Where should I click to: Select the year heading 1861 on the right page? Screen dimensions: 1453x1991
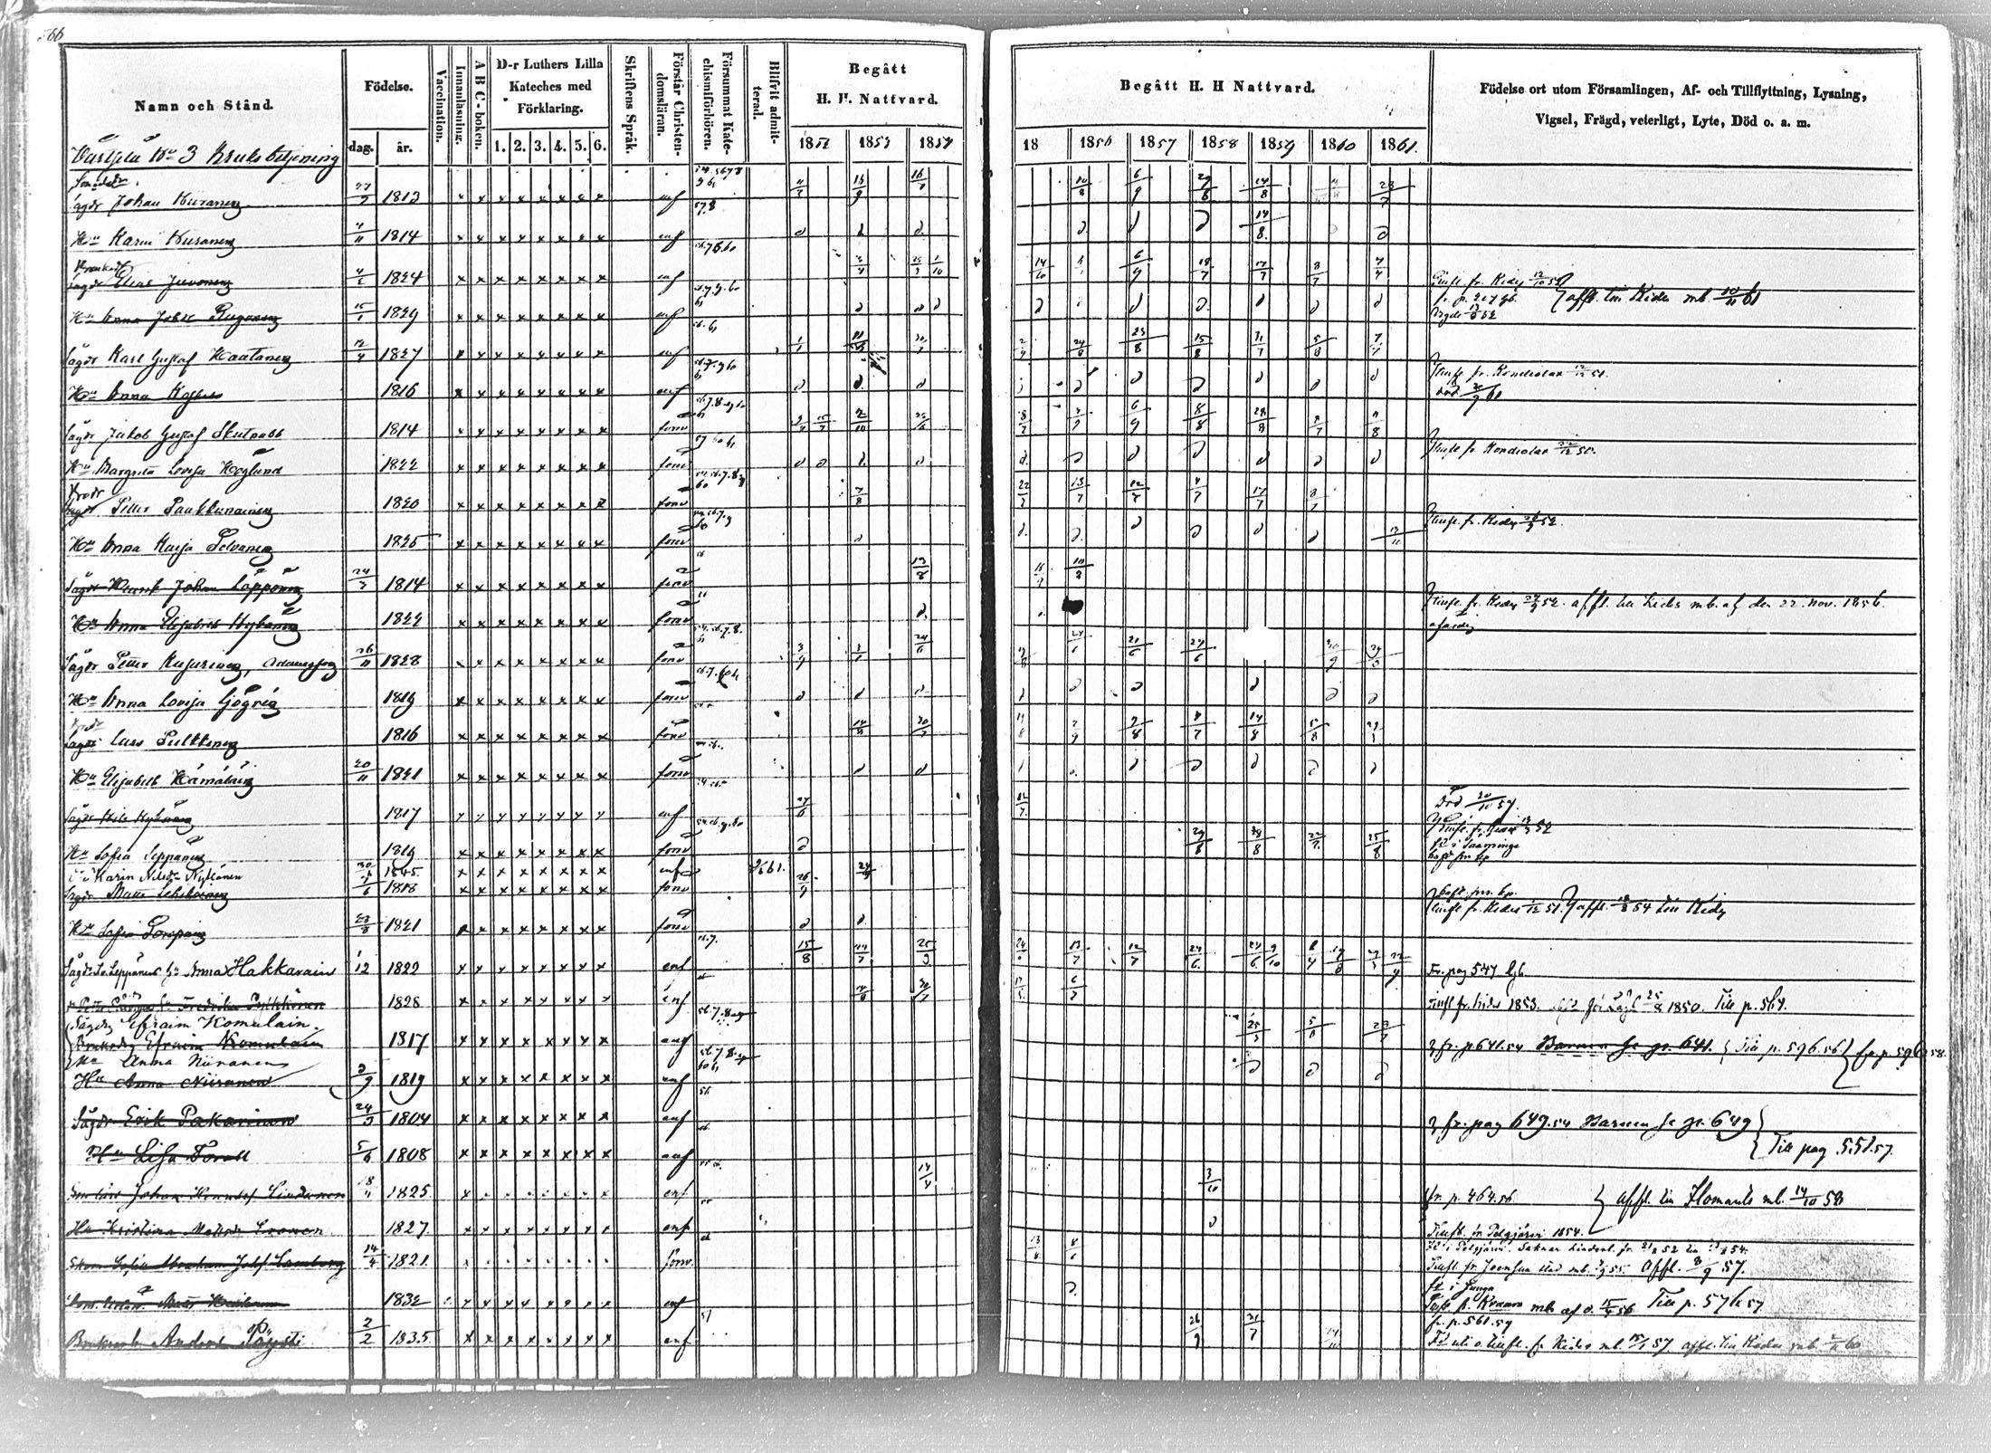click(x=1395, y=146)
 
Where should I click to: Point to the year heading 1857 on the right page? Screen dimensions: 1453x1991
click(x=1155, y=145)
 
